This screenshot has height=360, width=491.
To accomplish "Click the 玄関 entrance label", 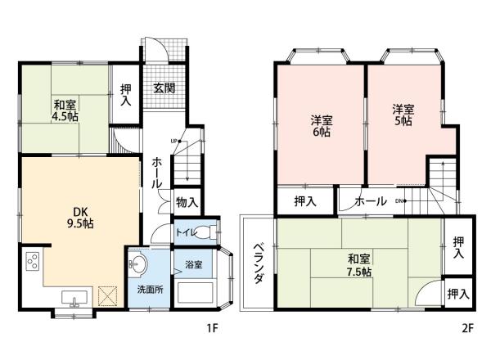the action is [x=164, y=88].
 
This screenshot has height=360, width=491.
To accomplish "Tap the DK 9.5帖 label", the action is [x=81, y=218].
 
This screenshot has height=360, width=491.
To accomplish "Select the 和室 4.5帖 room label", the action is [x=65, y=110].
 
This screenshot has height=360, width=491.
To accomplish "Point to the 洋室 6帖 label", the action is [x=322, y=126].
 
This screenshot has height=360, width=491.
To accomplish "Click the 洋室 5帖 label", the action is [x=403, y=115].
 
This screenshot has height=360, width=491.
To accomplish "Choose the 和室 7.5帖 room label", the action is [x=359, y=265].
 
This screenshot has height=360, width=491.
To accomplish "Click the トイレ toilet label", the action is [x=187, y=232].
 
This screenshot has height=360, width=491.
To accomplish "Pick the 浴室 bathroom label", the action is [x=193, y=265].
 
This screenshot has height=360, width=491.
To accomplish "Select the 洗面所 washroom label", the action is [x=151, y=290].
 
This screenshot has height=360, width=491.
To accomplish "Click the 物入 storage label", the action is [x=187, y=202].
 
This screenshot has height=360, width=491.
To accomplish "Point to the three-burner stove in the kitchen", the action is [x=33, y=261].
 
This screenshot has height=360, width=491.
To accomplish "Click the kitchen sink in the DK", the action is [x=74, y=299].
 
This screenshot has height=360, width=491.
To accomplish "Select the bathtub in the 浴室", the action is [x=196, y=292].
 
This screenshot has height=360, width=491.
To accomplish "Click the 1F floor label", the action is [x=212, y=328].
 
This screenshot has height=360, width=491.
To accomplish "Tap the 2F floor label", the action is [x=467, y=328].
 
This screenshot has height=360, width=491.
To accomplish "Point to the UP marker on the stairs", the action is [x=175, y=142].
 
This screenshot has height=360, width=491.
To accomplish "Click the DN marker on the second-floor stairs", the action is [x=400, y=201].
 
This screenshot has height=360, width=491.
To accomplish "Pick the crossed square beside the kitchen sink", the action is [x=108, y=296].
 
